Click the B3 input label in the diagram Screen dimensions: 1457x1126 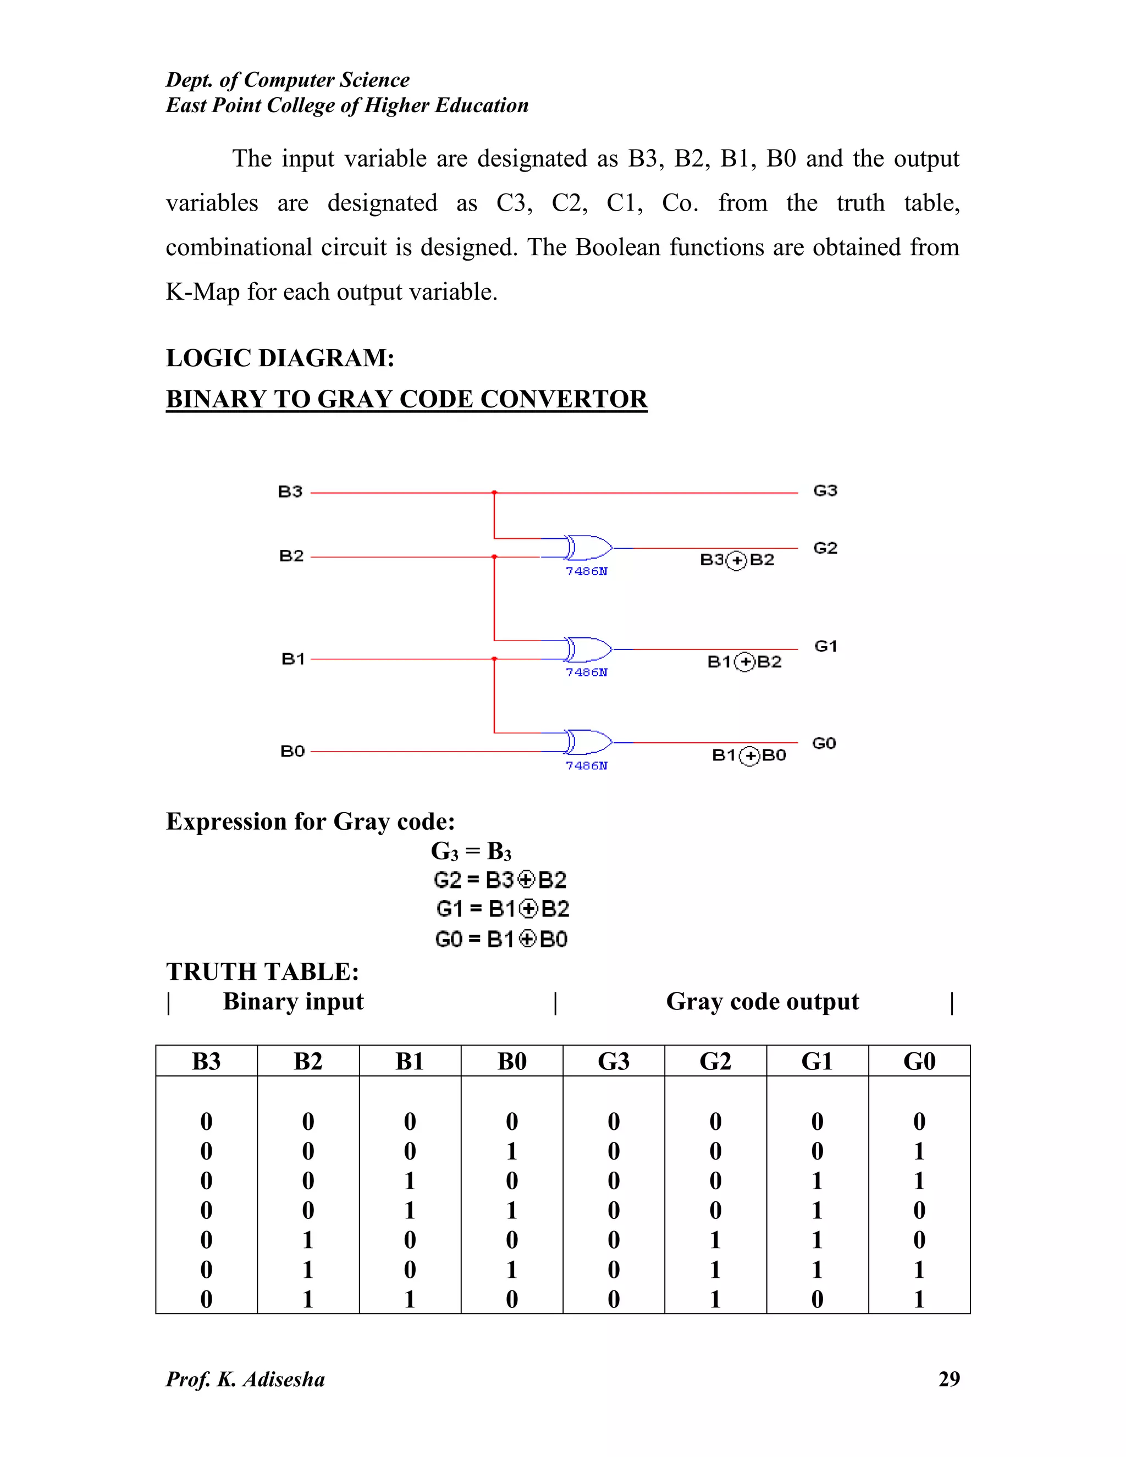tap(290, 492)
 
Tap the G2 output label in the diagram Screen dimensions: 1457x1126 tap(825, 548)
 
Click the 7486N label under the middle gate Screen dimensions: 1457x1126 tap(586, 672)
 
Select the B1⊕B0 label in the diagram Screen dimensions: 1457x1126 tap(749, 755)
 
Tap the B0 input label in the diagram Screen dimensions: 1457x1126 tap(292, 751)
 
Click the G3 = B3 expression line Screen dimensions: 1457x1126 tap(471, 852)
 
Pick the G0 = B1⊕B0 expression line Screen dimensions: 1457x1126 tap(501, 939)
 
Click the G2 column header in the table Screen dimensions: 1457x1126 tap(715, 1061)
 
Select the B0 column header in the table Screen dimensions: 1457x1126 tap(512, 1061)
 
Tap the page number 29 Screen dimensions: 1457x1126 tap(948, 1379)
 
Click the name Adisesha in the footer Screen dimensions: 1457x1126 tap(284, 1379)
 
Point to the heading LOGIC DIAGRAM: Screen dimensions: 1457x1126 tap(280, 358)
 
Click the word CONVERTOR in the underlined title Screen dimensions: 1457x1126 tap(564, 399)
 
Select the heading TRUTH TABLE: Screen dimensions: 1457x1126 tap(262, 972)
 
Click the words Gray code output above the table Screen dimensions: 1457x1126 tap(762, 1002)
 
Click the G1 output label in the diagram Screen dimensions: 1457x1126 tap(826, 646)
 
